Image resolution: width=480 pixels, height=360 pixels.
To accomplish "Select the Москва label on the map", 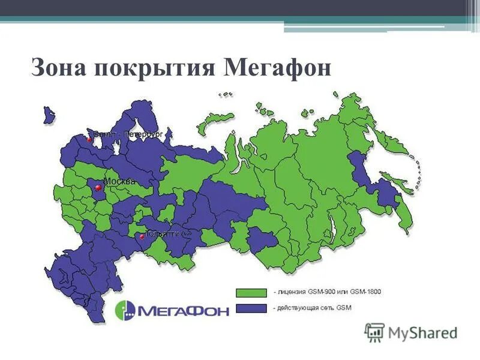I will [119, 181].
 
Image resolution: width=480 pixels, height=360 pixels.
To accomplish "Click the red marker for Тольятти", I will [142, 236].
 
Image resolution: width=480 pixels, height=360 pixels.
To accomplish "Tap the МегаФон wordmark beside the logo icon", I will [183, 311].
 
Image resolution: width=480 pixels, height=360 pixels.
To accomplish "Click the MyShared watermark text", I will [422, 332].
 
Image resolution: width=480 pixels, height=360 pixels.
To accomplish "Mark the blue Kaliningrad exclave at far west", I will [49, 113].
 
